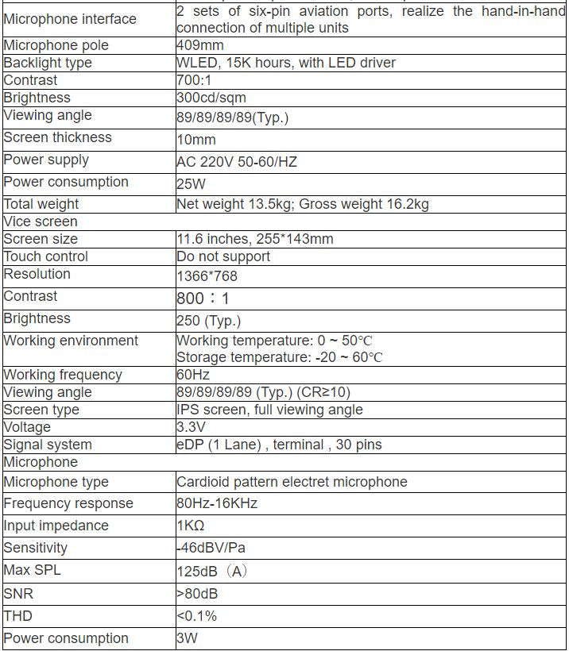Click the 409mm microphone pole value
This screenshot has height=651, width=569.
(x=198, y=45)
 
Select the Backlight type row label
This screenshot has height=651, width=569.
(x=48, y=63)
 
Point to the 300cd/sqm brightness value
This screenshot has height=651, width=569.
(x=211, y=98)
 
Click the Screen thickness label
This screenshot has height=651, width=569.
(x=57, y=137)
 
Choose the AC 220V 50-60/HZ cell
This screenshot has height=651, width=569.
(x=237, y=162)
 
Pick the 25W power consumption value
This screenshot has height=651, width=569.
(x=192, y=184)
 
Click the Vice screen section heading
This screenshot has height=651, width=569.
(x=41, y=221)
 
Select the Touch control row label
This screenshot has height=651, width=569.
(x=46, y=256)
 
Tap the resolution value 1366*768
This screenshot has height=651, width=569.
(x=207, y=276)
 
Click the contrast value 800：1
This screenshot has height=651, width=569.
(x=202, y=299)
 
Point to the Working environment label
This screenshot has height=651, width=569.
(x=71, y=341)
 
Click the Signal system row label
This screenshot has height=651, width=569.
(x=48, y=445)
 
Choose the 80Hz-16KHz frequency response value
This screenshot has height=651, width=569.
(x=217, y=503)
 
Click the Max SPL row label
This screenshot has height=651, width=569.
(x=33, y=570)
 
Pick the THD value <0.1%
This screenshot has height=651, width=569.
(x=196, y=616)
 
